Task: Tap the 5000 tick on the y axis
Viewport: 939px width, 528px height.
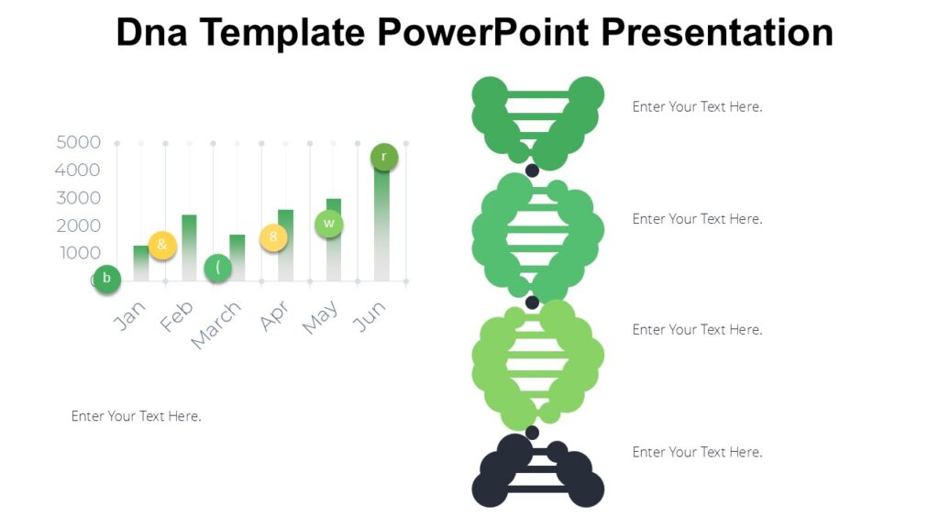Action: [x=78, y=143]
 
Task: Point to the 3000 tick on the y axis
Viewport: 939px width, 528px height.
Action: [x=78, y=198]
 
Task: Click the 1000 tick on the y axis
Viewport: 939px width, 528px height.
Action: [x=78, y=253]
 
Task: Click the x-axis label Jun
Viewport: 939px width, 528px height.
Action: [x=370, y=315]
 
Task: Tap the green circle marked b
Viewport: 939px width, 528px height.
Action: [x=106, y=279]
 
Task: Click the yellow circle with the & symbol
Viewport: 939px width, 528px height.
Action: [x=162, y=245]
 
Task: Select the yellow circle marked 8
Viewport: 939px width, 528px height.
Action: [x=273, y=237]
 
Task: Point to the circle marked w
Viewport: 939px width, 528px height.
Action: [x=329, y=224]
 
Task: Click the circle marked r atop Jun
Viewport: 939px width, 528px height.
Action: [x=384, y=157]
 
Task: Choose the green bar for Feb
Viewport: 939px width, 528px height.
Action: [x=189, y=247]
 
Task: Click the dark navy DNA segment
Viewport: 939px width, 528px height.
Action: [x=537, y=471]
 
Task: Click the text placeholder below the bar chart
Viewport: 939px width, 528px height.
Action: [x=136, y=416]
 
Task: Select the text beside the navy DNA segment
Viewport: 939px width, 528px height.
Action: [x=697, y=452]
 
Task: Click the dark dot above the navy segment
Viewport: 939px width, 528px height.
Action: [x=532, y=433]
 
